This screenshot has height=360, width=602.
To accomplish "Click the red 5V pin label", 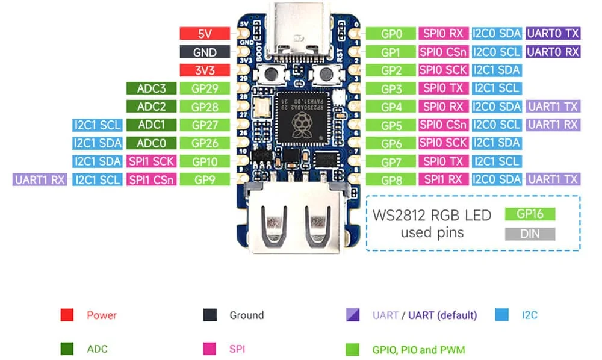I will click(x=205, y=34).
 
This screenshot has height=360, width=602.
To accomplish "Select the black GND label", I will click(x=205, y=52).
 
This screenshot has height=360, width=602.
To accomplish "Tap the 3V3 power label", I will click(x=205, y=70).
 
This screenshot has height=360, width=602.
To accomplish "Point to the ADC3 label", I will click(x=151, y=88).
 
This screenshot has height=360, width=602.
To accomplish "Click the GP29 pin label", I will click(x=205, y=88).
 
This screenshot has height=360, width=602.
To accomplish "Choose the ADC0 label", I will click(x=151, y=143).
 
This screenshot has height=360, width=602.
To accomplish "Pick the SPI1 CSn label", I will click(x=151, y=179).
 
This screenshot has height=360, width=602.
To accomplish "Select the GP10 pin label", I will click(x=205, y=161).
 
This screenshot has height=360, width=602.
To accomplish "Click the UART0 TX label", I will click(x=553, y=34).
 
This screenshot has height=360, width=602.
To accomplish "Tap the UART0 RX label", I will click(x=553, y=52).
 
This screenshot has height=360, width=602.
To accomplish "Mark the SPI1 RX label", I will click(x=443, y=179).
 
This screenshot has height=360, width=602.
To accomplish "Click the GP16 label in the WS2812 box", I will click(x=530, y=214).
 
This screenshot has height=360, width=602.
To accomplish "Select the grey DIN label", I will click(x=530, y=234).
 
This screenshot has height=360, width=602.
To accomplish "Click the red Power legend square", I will click(x=67, y=315).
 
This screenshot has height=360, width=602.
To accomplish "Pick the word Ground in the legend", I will click(x=246, y=315).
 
